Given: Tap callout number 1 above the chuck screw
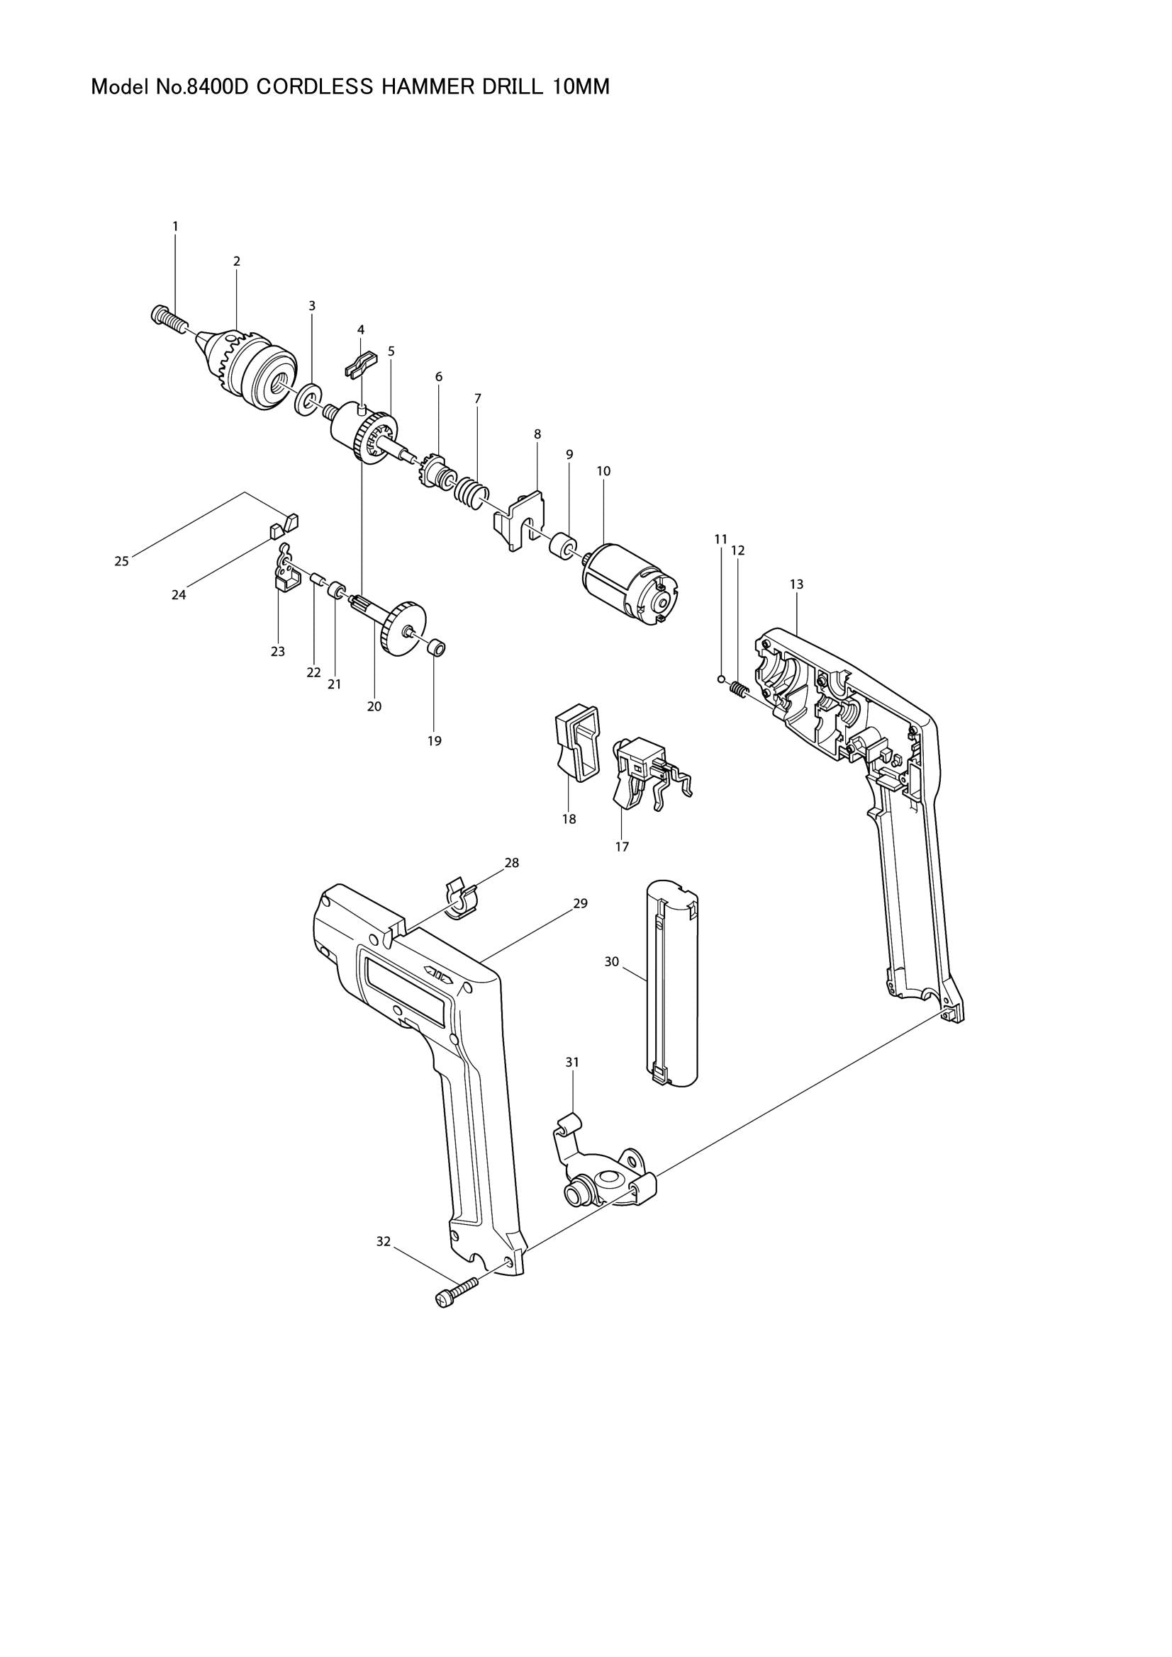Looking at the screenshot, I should click(x=174, y=226).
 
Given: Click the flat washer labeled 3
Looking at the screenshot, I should click(x=309, y=400).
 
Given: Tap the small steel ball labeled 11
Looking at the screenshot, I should click(x=720, y=679).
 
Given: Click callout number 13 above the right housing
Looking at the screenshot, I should click(x=796, y=584).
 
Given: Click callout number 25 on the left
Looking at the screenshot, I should click(x=121, y=561).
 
